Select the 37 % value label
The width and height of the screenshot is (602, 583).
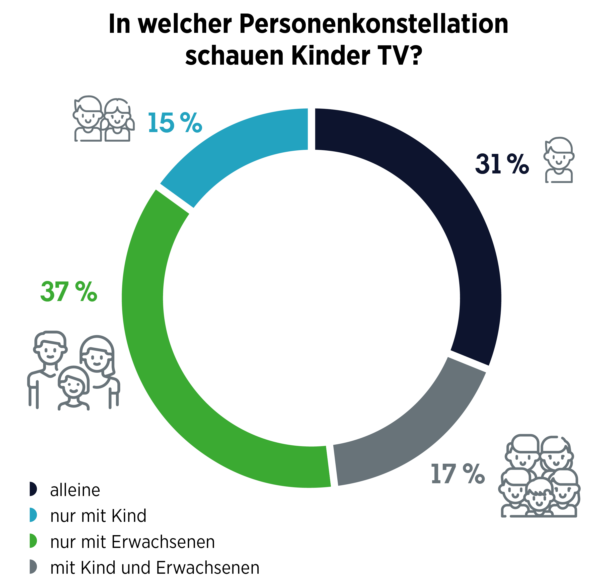tap(68, 292)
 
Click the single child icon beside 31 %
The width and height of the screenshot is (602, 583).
tap(559, 160)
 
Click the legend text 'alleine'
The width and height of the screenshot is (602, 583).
tap(75, 490)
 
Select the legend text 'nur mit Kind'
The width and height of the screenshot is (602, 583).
tap(98, 516)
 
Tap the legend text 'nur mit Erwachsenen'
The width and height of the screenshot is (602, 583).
tap(132, 542)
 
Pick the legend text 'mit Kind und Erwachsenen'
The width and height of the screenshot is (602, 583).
tap(155, 567)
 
